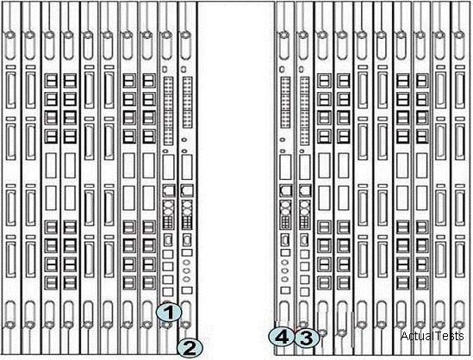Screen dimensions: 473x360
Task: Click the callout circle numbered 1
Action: coord(169,313)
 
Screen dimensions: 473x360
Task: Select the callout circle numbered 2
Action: coord(190,348)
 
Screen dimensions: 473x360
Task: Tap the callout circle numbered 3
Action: coord(307,338)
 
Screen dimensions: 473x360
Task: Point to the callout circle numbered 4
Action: coord(282,337)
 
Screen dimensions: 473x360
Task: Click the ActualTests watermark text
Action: coord(432,336)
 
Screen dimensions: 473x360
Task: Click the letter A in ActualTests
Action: coord(404,336)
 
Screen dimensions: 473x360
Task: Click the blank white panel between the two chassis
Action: coord(236,178)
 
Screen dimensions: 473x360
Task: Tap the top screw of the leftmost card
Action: coord(10,35)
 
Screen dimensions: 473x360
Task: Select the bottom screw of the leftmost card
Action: coord(10,325)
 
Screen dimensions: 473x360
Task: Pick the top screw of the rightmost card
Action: coord(459,35)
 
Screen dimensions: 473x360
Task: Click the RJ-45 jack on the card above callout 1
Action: coord(168,190)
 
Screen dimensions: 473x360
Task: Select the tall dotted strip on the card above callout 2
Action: coord(187,102)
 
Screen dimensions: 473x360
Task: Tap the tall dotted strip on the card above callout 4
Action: coord(285,102)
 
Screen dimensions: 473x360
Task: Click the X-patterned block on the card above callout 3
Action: coord(305,207)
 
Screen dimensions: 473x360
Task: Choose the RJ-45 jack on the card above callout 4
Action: coord(286,190)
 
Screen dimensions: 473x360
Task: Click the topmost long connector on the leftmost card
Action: coord(10,90)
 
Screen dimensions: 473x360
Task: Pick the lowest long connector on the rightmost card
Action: coord(460,258)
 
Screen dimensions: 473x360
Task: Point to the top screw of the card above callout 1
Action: coord(167,35)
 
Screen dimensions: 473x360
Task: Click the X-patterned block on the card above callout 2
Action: coord(187,207)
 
